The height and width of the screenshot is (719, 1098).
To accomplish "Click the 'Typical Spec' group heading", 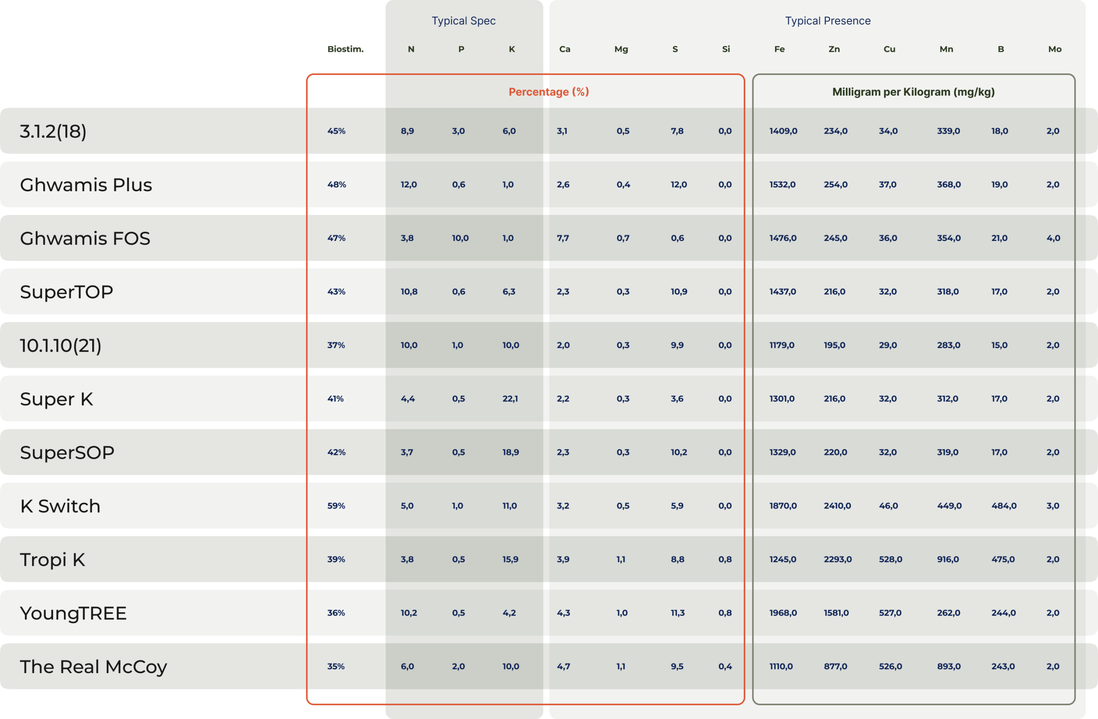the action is click(x=463, y=21).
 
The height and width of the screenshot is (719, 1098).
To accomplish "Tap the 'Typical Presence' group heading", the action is click(x=828, y=21).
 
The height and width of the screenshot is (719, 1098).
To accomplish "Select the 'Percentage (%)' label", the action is click(x=549, y=92).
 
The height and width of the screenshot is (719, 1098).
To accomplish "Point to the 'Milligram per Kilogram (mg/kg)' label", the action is click(x=913, y=92).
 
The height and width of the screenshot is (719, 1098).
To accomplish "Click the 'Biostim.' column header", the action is click(x=346, y=49).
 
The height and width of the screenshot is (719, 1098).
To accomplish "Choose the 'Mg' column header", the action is click(x=621, y=49).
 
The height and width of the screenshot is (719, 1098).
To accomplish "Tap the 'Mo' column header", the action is click(x=1055, y=49).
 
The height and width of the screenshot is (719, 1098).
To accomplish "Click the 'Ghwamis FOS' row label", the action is click(x=85, y=238).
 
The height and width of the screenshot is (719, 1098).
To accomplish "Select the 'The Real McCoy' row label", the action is click(x=93, y=667).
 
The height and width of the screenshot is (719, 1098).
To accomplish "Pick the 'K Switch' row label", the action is click(x=60, y=506).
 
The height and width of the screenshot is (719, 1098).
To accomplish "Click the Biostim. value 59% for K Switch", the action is click(x=336, y=506).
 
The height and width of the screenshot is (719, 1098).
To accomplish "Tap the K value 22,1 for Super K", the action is click(x=510, y=399).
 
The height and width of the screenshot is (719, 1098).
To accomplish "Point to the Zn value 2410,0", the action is click(x=837, y=506).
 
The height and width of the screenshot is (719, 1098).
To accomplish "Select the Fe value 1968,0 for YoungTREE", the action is click(x=783, y=613).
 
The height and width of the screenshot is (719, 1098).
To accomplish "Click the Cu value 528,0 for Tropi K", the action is click(x=890, y=560).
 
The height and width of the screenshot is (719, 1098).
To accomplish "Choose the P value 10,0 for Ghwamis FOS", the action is click(x=460, y=238).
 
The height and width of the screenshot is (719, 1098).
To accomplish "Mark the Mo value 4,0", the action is click(x=1053, y=238).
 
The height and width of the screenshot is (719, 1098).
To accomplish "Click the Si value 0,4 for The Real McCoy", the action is click(x=725, y=666).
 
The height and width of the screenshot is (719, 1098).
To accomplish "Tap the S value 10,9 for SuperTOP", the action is click(x=679, y=292).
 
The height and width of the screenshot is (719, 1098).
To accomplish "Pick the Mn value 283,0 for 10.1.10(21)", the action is click(x=948, y=346).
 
